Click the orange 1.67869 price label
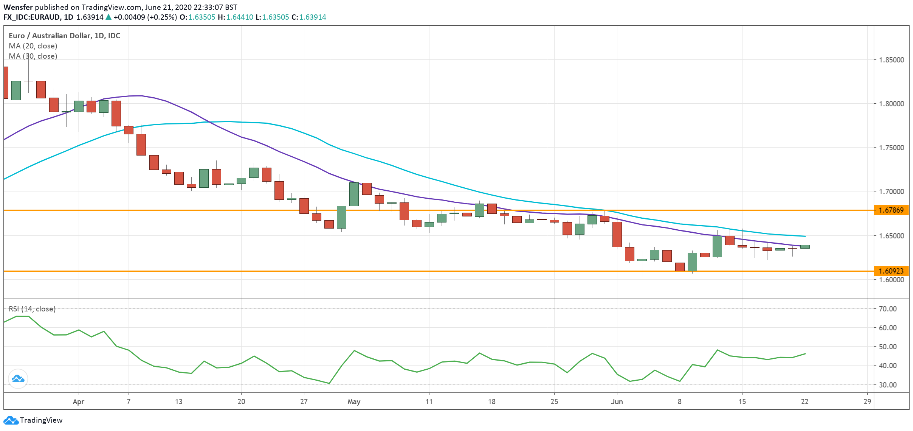[x=891, y=210]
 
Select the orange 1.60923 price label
[x=891, y=271]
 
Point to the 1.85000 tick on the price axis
[x=891, y=60]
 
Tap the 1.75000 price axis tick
[x=891, y=148]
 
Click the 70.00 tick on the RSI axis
[x=888, y=309]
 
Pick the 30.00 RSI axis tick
[x=888, y=385]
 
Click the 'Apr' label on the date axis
[x=78, y=401]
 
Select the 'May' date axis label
[x=354, y=401]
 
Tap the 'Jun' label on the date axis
[x=617, y=401]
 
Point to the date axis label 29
[x=867, y=401]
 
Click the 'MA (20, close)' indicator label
[x=33, y=46]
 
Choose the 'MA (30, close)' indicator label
[x=33, y=56]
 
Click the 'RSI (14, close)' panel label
[x=32, y=309]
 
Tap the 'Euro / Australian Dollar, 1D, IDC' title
[x=64, y=36]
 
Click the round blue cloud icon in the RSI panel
[x=18, y=378]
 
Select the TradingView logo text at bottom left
[x=41, y=420]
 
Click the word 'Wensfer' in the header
[x=18, y=7]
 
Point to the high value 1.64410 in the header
[x=240, y=17]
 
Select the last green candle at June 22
[x=805, y=247]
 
